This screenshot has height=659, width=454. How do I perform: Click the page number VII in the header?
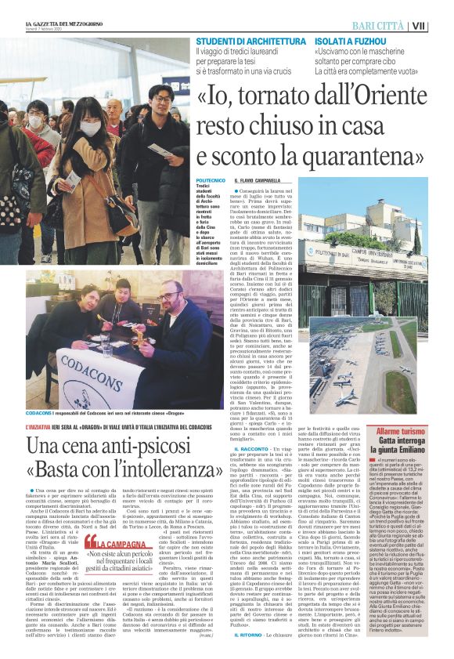click(441, 25)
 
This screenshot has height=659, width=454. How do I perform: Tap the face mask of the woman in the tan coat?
click(91, 128)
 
